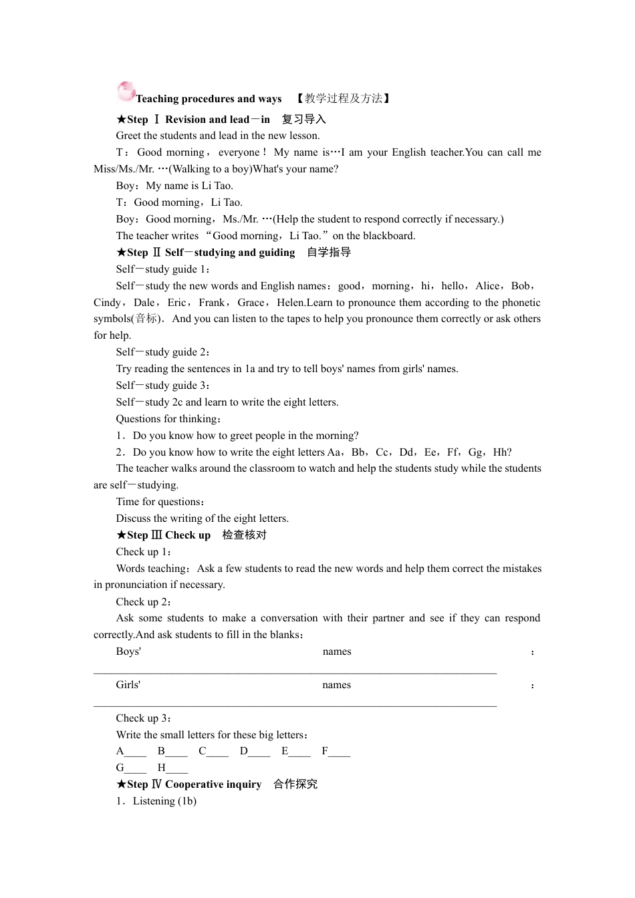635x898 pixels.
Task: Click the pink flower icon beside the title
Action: (x=126, y=92)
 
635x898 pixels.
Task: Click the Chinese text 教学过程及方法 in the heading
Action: (x=344, y=99)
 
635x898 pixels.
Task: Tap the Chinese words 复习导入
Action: (x=303, y=120)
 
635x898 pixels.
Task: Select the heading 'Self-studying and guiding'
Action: (x=230, y=253)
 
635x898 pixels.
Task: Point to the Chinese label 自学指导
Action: (x=329, y=253)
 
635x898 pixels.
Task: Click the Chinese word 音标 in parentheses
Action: (x=146, y=319)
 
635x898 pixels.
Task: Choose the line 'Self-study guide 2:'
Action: (x=164, y=352)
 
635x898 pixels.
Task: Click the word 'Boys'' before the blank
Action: (x=128, y=651)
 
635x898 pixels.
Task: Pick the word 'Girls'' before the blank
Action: (x=128, y=685)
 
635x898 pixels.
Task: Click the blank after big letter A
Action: (x=136, y=752)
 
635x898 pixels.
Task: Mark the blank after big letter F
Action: (x=340, y=752)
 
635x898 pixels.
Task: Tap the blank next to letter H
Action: (x=177, y=768)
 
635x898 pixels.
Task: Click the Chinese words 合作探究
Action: (x=295, y=784)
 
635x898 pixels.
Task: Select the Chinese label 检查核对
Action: (x=245, y=535)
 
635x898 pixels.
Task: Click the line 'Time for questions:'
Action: (x=161, y=502)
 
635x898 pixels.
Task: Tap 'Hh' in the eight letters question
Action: (x=501, y=452)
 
